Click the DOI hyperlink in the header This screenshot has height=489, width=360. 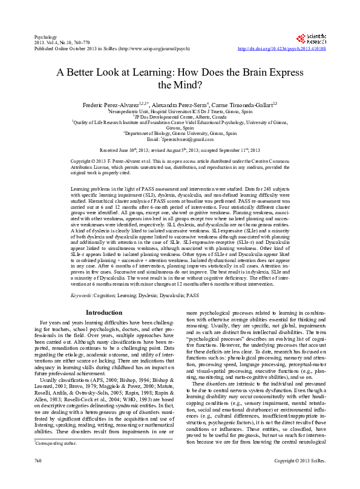coord(282,47)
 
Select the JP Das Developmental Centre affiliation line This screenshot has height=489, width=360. coord(180,116)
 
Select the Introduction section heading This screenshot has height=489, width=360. coord(104,313)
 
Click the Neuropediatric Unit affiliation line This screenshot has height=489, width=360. coord(180,111)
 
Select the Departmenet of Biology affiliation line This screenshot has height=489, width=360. coord(180,133)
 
